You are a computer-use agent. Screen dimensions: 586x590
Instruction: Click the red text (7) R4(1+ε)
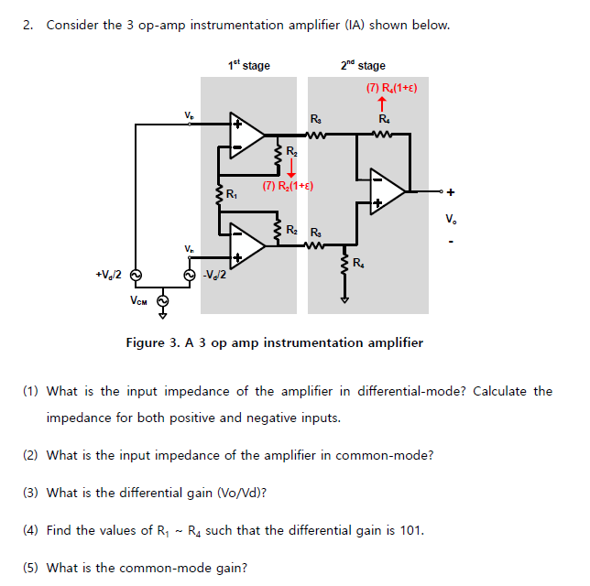[391, 88]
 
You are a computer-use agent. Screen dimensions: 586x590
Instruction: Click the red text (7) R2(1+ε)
[288, 186]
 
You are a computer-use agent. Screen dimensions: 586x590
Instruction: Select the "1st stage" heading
[249, 65]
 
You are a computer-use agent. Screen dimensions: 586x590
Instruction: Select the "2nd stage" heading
[362, 65]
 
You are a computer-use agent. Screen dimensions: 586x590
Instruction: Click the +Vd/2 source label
[108, 275]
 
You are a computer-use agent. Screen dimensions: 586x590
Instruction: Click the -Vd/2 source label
[216, 275]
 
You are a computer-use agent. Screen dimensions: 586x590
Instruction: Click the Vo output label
[449, 219]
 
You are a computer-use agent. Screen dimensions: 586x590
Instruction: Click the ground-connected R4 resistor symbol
[345, 267]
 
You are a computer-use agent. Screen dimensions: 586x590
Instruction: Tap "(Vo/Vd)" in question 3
[240, 493]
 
